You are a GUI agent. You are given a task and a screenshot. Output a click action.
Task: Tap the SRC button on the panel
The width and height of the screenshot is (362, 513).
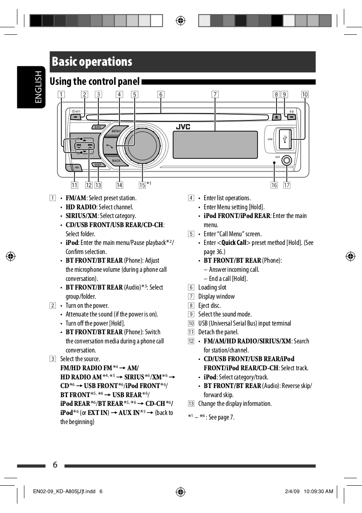pos(98,127)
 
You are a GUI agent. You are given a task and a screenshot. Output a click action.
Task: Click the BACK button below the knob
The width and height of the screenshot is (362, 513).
pos(116,160)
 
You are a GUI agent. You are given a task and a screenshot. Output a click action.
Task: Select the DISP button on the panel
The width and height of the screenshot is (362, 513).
pos(98,165)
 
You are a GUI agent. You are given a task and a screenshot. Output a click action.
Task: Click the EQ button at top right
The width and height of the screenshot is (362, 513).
pos(291,117)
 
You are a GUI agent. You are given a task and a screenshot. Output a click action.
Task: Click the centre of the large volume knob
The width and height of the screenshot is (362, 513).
pos(143,146)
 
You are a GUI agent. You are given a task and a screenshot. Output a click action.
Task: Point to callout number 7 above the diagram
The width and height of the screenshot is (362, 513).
pos(215,94)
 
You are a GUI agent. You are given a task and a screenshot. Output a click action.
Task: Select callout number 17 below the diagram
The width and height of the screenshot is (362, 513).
pos(287,185)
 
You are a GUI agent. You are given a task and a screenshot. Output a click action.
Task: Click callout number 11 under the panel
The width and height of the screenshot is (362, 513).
pos(74,185)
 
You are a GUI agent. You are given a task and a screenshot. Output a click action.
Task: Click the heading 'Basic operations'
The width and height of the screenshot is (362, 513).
pos(92,62)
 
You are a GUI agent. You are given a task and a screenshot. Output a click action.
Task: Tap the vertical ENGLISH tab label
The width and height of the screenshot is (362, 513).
pos(38,87)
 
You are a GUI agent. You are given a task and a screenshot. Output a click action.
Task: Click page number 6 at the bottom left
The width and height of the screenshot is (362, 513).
pos(55,465)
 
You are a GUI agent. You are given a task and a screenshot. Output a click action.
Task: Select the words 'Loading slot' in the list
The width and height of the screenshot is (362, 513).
pos(212,287)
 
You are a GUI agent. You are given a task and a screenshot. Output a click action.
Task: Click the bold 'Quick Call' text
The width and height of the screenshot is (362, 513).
pos(234,242)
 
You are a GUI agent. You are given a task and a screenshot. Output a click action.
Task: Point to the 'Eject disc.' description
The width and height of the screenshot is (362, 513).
pos(210,305)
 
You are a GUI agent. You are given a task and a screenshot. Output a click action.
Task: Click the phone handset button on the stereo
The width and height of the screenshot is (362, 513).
pos(109,146)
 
